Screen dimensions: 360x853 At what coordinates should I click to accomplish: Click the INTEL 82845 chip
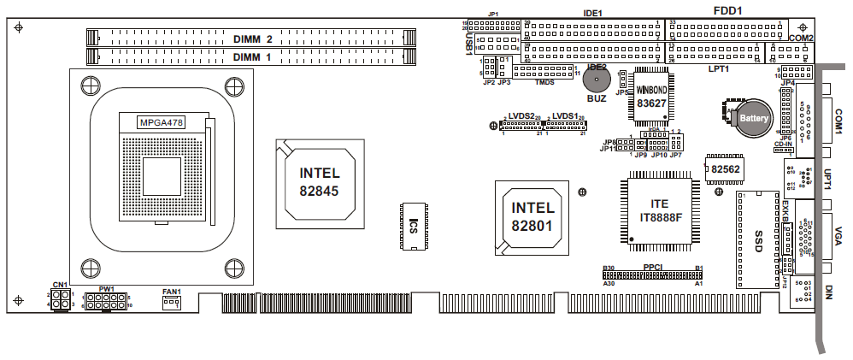tap(319, 181)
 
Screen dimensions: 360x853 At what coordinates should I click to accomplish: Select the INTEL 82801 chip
tap(532, 217)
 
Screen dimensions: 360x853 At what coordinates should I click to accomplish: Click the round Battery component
tap(750, 117)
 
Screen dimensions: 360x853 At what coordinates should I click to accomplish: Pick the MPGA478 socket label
tap(161, 122)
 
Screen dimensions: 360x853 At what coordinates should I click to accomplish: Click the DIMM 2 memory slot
tap(252, 38)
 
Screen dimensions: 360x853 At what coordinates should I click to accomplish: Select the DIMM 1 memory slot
tap(252, 56)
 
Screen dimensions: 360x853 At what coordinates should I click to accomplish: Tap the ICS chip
tap(412, 227)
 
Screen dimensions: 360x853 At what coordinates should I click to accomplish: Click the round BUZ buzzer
tap(597, 80)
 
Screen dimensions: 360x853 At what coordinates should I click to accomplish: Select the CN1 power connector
tap(60, 299)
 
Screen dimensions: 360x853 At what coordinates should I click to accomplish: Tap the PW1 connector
tap(106, 302)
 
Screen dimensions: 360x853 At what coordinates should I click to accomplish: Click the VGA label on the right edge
tap(838, 235)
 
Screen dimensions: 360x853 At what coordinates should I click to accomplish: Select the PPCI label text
tap(654, 267)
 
